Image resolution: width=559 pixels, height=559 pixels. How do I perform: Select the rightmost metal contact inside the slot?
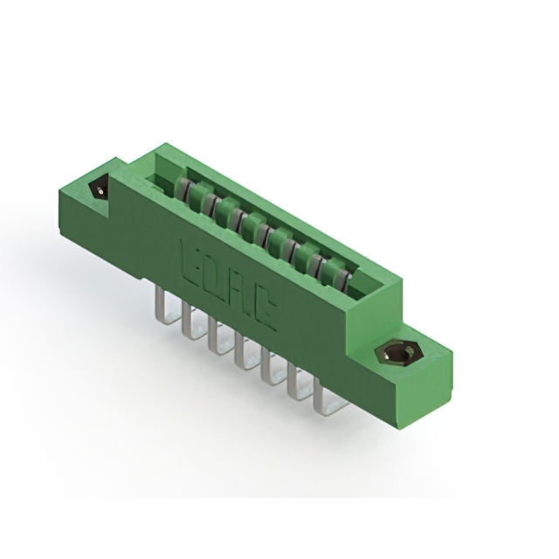341,278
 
